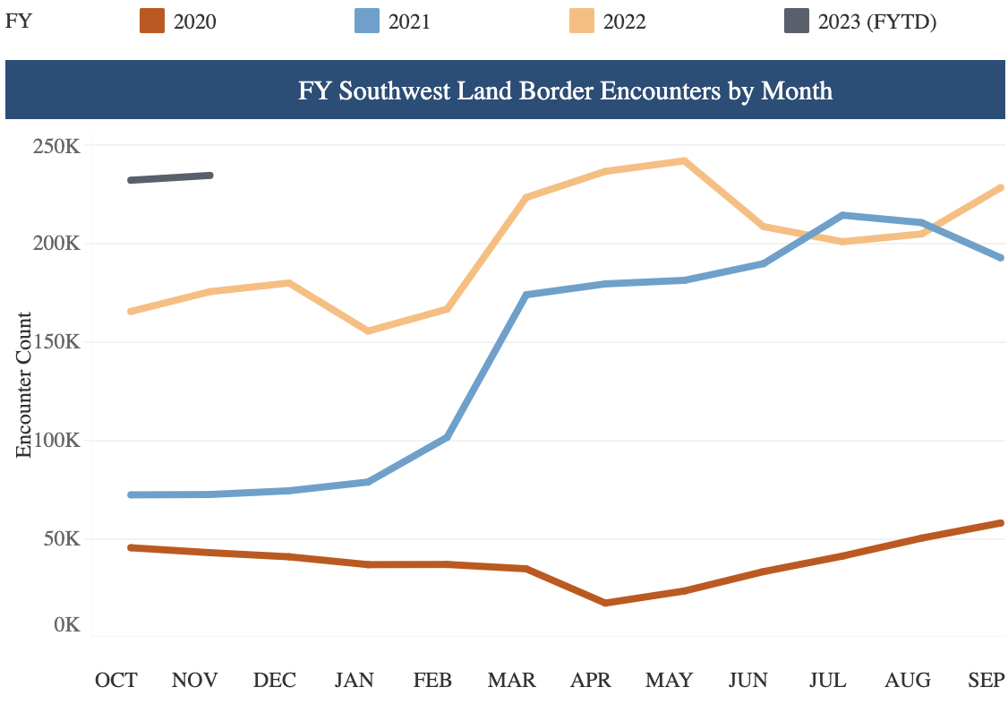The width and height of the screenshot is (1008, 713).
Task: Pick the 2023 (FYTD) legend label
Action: coord(876,21)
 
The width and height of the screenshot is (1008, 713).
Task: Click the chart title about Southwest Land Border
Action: coord(565,90)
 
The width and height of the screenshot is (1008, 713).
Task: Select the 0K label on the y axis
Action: coord(66,624)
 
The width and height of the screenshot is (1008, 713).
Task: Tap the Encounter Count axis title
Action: coord(24,385)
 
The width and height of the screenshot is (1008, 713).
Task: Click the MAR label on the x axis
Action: coord(511,680)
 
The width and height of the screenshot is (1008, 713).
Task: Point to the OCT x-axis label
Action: coord(116,680)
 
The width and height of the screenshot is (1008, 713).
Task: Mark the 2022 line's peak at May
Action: coord(684,161)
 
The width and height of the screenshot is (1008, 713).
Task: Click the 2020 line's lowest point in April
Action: coord(605,603)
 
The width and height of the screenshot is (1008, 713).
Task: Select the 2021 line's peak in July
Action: coord(842,215)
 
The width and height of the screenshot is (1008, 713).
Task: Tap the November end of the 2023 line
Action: coord(210,176)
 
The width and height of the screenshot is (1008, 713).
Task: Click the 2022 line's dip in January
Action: coord(368,331)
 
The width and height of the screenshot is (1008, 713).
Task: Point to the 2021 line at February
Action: coord(447,437)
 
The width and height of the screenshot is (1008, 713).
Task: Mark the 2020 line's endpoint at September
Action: coord(1000,523)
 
